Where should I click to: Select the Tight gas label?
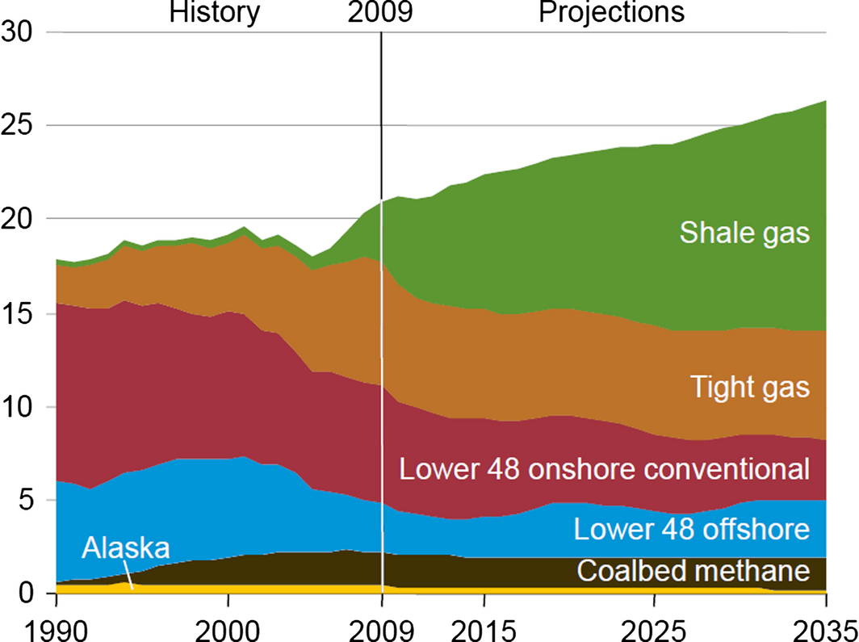tap(750, 387)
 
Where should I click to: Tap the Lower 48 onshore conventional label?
tap(605, 468)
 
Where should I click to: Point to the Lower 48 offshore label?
tap(691, 530)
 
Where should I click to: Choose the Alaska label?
tap(125, 549)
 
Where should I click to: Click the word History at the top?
tap(215, 13)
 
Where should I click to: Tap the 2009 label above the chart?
tap(380, 13)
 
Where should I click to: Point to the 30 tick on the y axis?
tap(20, 32)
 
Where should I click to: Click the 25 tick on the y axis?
tap(20, 126)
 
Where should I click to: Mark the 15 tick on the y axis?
tap(20, 313)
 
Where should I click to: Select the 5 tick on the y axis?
tap(29, 501)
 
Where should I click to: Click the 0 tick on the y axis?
tap(29, 594)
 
